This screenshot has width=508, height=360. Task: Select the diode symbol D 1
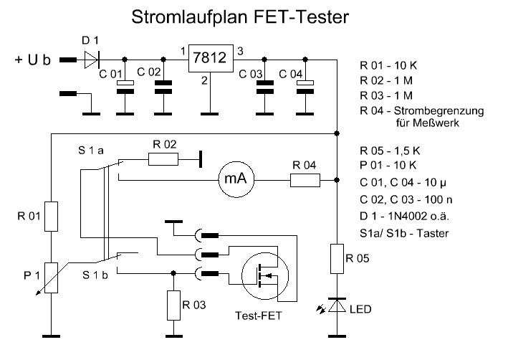coord(92,59)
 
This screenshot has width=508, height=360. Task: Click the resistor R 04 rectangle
coord(306,180)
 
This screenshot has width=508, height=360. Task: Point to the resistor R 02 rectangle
coord(164,159)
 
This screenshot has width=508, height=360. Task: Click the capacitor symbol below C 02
coord(164,87)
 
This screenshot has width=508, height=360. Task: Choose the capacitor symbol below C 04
coord(307,87)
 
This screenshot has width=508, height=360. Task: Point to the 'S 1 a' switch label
coord(92,152)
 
